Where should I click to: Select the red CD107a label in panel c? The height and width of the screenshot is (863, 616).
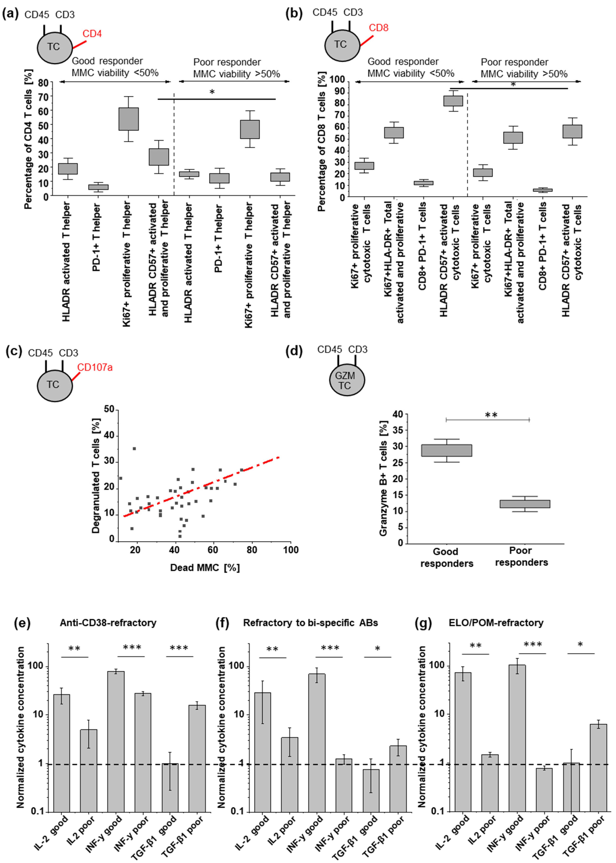tap(95, 367)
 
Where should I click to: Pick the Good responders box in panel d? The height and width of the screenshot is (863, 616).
tap(447, 450)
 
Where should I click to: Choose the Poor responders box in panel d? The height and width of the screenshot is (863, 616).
tap(525, 504)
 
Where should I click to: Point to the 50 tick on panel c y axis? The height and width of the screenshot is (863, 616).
tap(109, 409)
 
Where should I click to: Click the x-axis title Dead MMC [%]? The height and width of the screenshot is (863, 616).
tap(205, 568)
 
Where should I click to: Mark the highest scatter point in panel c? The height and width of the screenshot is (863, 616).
tap(134, 449)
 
